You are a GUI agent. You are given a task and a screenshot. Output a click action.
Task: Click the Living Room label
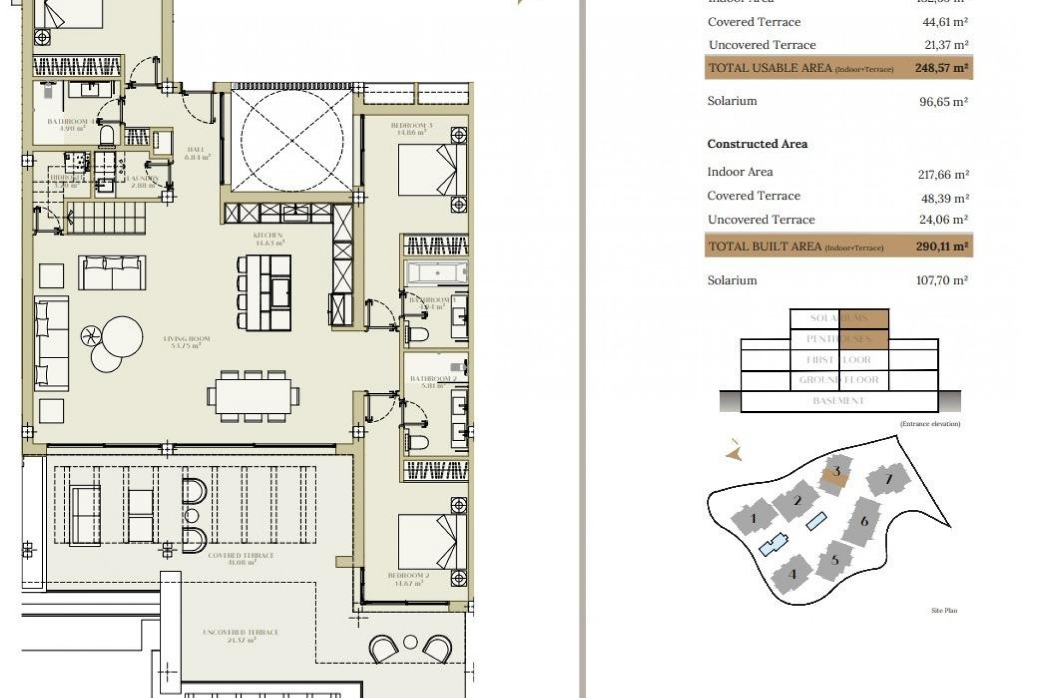click(186, 342)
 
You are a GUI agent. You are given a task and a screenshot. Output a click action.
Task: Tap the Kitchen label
click(268, 239)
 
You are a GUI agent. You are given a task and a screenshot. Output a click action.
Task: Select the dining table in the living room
click(252, 396)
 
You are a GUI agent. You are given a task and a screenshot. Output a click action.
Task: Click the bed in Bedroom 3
click(432, 169)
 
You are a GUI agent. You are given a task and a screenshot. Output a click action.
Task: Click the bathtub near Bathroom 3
click(436, 272)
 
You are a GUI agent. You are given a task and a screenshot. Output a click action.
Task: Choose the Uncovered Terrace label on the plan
click(240, 635)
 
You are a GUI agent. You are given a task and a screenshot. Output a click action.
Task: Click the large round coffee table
click(122, 336)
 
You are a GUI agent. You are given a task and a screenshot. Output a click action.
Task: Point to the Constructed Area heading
click(757, 144)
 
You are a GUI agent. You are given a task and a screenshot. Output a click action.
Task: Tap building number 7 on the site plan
click(889, 480)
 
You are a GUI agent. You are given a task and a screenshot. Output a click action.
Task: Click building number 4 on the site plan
click(792, 574)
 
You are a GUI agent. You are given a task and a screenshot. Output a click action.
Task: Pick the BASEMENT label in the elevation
click(838, 401)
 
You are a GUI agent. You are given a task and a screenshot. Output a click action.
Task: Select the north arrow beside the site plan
click(735, 452)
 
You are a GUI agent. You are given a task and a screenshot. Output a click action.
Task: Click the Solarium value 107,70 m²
click(942, 280)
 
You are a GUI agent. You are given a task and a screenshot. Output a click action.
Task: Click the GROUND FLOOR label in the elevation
click(838, 380)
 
